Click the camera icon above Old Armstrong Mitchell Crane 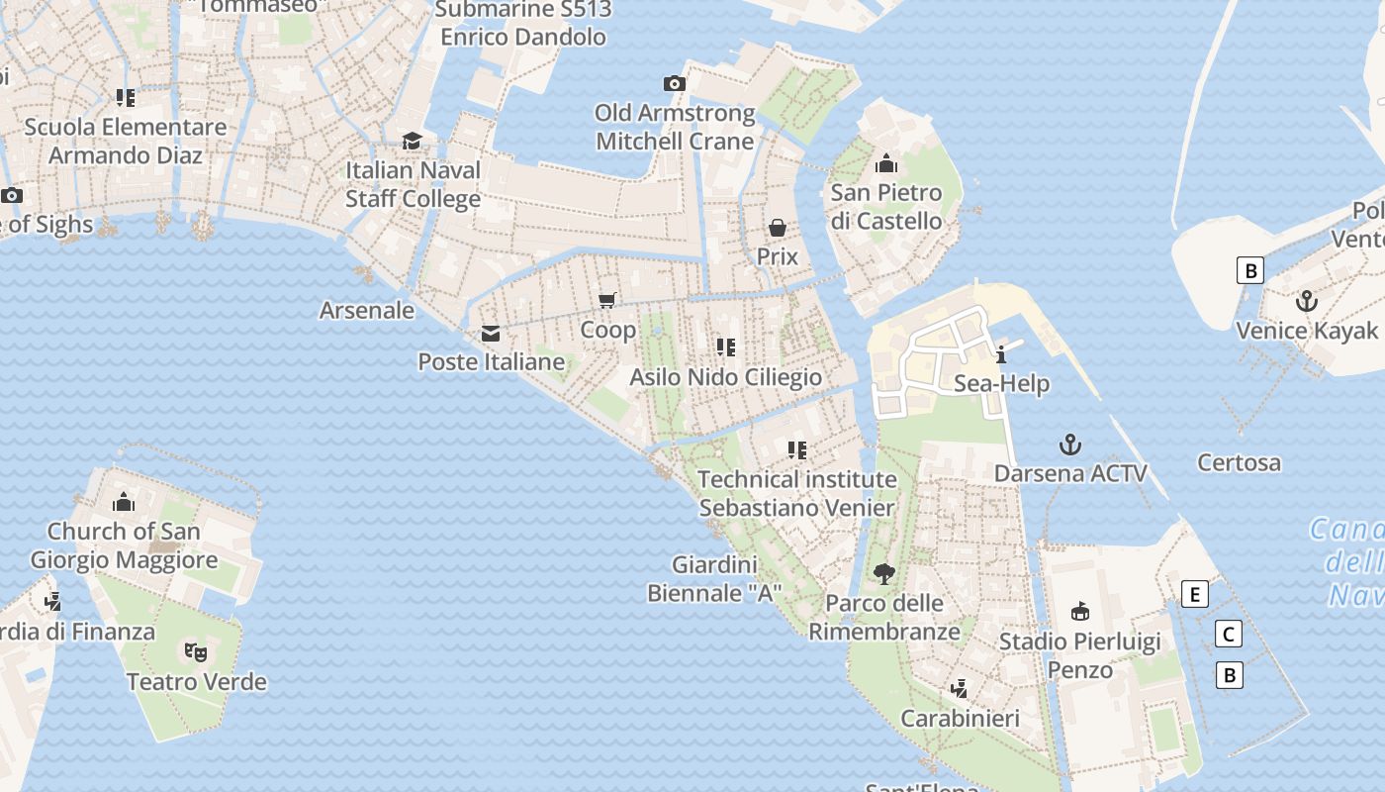[674, 84]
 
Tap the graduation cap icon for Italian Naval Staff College [412, 142]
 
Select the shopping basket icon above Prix [778, 228]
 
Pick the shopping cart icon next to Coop [607, 300]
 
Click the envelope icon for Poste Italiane [491, 334]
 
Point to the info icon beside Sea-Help [1001, 354]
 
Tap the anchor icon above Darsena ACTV [1069, 444]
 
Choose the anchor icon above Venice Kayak [1307, 300]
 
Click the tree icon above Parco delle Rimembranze [884, 573]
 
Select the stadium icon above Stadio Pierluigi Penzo [1080, 611]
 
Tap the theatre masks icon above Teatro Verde [196, 652]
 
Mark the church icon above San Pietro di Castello [886, 162]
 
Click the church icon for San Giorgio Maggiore [124, 502]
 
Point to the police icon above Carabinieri [959, 688]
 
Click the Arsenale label [367, 310]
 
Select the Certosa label [1239, 462]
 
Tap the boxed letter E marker [1195, 595]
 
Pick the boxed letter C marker [1229, 635]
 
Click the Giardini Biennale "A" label [714, 579]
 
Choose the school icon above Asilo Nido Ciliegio [726, 347]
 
